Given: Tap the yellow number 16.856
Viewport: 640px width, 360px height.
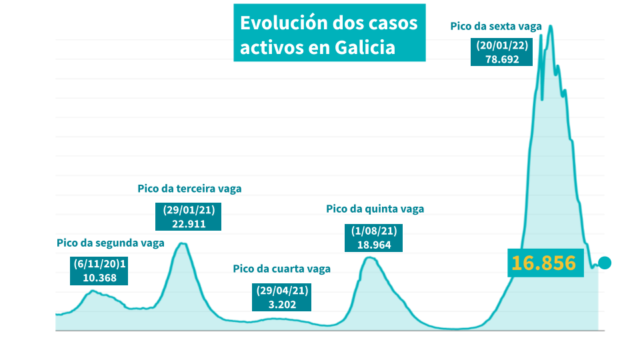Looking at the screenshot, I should [x=543, y=263].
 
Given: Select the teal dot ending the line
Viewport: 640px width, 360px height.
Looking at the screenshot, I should [x=605, y=263].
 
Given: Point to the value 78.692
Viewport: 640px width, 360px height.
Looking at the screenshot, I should [x=501, y=58].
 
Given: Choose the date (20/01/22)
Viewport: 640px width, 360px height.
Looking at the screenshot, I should [x=501, y=45].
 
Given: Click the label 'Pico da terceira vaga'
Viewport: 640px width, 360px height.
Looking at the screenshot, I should [x=189, y=189].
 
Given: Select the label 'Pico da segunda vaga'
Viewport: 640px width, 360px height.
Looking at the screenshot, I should [x=110, y=243].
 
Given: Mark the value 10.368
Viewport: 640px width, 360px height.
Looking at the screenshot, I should [x=100, y=278].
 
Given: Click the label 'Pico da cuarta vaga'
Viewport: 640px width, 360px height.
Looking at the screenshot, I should [x=281, y=269].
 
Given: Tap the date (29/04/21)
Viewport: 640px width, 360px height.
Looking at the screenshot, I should [x=282, y=291].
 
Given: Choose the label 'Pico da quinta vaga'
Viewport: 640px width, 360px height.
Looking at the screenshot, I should [x=375, y=209].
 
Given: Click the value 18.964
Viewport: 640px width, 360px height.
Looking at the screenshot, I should [x=374, y=244].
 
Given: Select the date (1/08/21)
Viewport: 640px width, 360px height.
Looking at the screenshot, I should [x=374, y=231].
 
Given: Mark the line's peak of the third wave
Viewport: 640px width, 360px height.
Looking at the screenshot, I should [x=182, y=243].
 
